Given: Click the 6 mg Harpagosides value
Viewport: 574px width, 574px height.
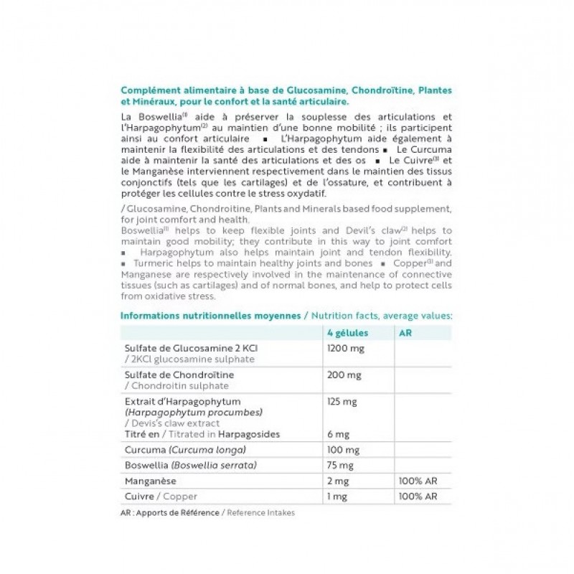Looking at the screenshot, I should coord(337,434).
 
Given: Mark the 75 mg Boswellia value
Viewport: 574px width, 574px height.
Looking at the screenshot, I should coord(338,464).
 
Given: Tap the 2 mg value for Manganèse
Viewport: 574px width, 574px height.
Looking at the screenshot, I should coord(336,481).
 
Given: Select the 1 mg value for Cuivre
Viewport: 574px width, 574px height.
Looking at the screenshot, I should coord(335,496).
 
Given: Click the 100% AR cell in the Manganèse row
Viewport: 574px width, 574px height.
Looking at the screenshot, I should coord(415,481).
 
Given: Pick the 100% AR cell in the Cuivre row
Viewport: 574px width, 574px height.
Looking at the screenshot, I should coord(415,496).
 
